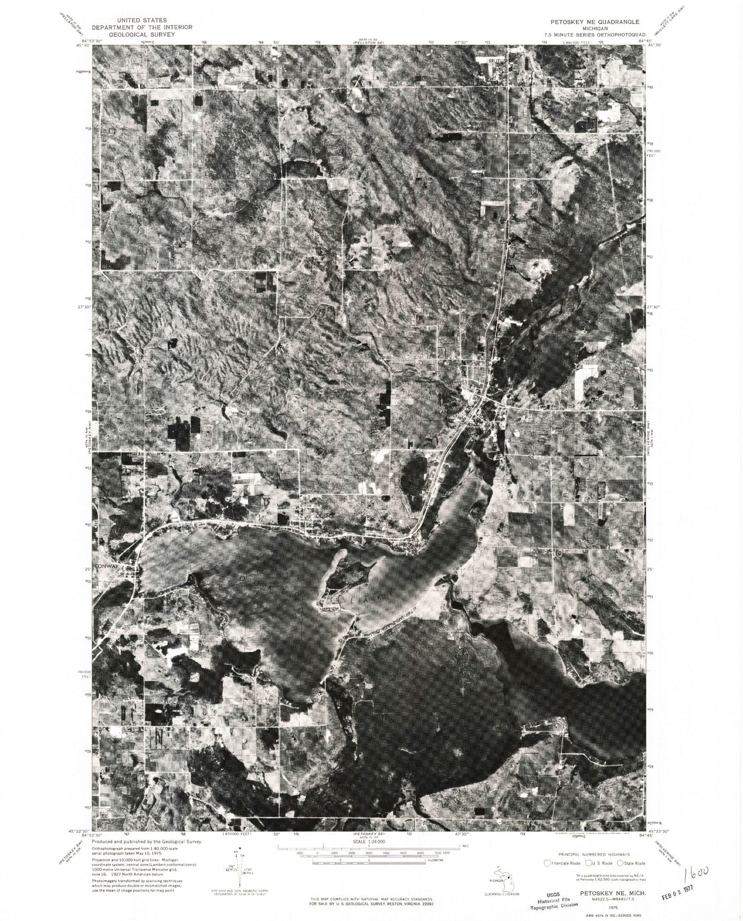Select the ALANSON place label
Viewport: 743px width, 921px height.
pos(443,412)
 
